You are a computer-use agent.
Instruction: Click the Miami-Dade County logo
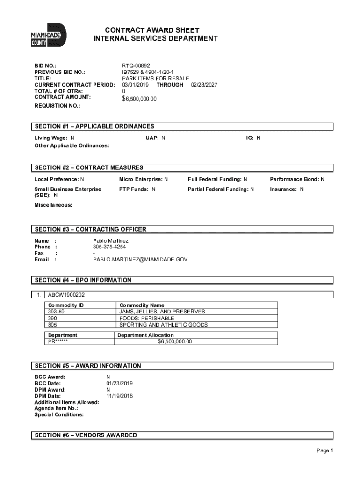tap(49, 35)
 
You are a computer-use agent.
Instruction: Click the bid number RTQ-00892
tap(136, 66)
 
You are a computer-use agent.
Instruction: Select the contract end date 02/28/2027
tap(204, 85)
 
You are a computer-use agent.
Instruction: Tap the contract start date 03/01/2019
tap(136, 85)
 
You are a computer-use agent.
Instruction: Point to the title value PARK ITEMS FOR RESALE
tap(156, 79)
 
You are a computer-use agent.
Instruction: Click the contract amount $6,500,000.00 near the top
tap(139, 99)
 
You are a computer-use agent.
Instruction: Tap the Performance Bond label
tap(294, 179)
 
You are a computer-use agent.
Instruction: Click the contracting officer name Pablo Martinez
tap(110, 240)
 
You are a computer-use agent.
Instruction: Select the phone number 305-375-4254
tap(109, 247)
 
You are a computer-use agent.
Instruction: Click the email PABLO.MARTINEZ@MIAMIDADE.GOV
tap(140, 259)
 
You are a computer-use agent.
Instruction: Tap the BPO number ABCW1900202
tap(66, 295)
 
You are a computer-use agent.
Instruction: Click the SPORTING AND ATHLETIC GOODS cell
tap(164, 325)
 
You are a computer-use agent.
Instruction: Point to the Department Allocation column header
tap(145, 335)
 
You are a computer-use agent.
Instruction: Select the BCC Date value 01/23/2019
tap(120, 383)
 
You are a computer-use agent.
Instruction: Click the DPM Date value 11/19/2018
tap(120, 396)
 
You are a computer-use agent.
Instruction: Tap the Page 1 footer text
tap(324, 450)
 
